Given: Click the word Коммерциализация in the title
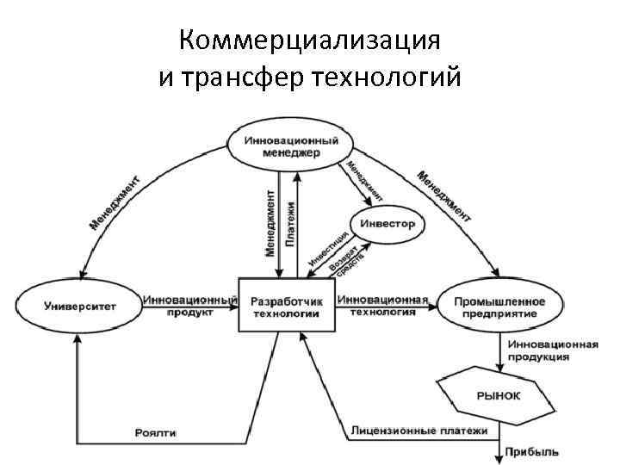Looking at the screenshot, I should click(x=311, y=40).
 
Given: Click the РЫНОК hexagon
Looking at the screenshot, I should click(x=498, y=396).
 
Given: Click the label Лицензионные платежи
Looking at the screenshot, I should click(x=419, y=431).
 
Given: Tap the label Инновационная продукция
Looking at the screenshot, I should click(x=552, y=350).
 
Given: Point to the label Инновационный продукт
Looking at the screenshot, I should click(x=189, y=306).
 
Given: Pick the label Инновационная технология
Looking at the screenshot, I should click(x=382, y=306).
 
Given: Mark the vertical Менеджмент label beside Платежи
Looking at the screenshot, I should click(x=270, y=221).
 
